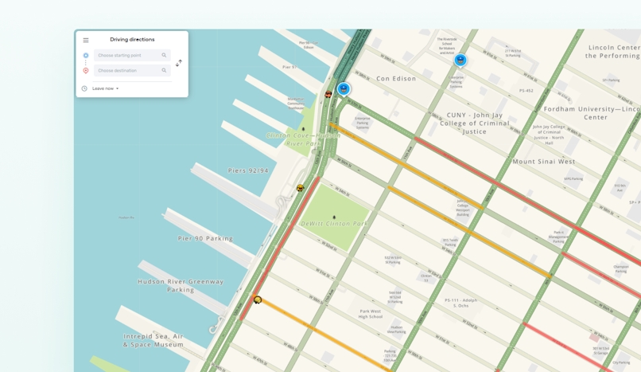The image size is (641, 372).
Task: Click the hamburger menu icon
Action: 86,40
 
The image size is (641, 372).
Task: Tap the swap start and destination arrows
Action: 179,63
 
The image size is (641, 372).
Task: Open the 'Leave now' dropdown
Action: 105,88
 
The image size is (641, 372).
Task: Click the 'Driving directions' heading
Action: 132,40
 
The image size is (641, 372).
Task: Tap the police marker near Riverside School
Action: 460,60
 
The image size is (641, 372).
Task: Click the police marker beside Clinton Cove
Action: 344,88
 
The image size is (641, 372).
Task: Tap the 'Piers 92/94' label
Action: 248,170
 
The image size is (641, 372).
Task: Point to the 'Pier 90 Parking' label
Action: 205,238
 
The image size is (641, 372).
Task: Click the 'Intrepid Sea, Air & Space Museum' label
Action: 153,340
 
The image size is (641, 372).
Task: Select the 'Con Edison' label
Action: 396,79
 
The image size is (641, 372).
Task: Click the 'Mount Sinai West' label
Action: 543,162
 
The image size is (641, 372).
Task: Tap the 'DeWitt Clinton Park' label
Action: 334,224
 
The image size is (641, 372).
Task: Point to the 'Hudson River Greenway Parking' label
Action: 181,285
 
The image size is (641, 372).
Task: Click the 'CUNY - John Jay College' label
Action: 475,123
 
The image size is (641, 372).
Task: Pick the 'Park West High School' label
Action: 371,314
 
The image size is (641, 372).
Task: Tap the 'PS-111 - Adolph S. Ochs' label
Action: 460,303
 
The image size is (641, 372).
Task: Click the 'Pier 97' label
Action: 289,67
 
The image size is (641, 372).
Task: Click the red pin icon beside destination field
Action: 86,71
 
